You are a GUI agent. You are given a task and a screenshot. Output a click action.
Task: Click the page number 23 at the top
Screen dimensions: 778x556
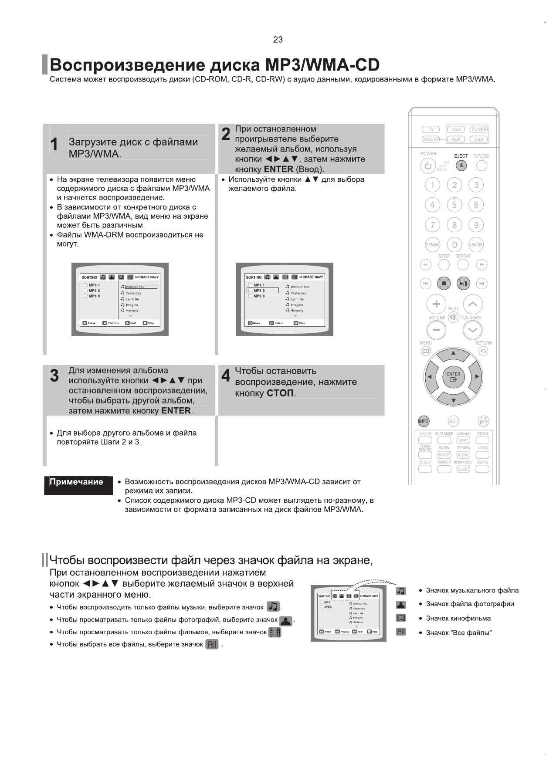[x=278, y=40]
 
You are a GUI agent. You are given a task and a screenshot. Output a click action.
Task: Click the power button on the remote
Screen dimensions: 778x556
[x=428, y=166]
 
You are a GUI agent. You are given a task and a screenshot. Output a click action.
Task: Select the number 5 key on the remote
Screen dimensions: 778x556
[x=454, y=205]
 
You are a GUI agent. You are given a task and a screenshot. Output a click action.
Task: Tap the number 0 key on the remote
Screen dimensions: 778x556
[x=454, y=245]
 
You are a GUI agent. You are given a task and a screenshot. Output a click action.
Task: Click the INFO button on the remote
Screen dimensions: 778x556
[x=424, y=421]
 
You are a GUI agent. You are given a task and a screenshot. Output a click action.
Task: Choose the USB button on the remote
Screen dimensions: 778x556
[x=478, y=139]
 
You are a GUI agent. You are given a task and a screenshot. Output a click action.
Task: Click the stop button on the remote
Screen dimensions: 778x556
[x=444, y=284]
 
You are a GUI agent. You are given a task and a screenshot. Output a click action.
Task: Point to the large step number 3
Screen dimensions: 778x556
[x=54, y=376]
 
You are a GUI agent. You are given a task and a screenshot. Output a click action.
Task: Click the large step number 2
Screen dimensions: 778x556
[x=226, y=134]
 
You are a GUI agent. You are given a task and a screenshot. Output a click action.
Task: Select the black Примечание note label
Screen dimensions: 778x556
[x=77, y=482]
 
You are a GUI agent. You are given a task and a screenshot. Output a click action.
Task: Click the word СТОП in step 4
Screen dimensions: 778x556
[x=280, y=393]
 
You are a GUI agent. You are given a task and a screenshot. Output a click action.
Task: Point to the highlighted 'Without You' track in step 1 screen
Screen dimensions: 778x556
[x=140, y=287]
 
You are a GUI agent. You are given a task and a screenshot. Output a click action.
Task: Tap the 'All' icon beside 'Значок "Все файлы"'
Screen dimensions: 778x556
[x=401, y=632]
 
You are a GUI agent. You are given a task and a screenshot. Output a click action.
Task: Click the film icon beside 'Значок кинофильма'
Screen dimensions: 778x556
[x=401, y=618]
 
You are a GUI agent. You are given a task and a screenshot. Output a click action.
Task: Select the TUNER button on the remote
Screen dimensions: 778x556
[x=478, y=129]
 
